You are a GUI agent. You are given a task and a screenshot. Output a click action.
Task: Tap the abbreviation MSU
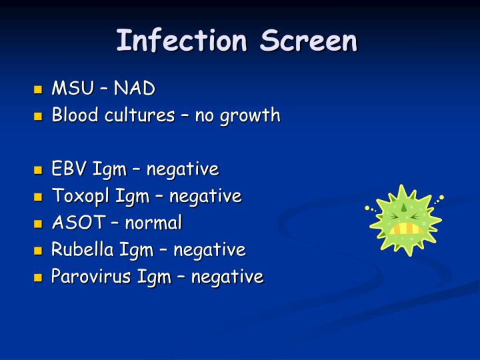tap(72, 88)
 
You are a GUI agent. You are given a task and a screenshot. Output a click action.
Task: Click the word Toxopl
tap(81, 196)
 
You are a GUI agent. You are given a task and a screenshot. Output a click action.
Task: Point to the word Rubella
tap(83, 249)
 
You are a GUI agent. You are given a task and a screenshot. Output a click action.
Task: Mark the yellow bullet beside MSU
tap(38, 89)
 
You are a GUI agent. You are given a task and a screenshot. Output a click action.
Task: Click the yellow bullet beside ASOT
tap(38, 223)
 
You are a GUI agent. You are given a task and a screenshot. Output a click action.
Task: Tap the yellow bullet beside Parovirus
tap(38, 277)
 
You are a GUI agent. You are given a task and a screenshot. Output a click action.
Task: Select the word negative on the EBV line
tap(183, 169)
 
